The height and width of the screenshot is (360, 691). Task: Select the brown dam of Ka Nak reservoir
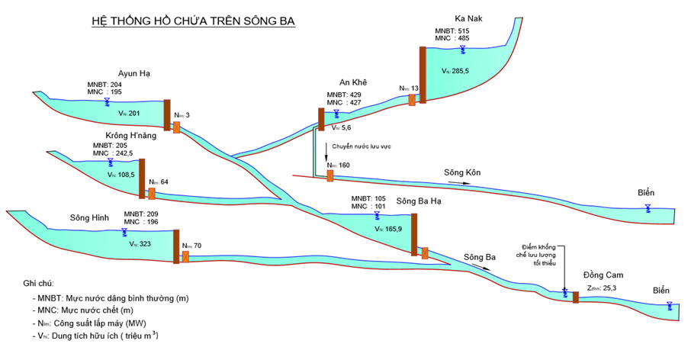pos(423,74)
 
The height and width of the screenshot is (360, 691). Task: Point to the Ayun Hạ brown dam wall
pos(167,114)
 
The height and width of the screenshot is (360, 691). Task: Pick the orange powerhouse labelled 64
pos(151,193)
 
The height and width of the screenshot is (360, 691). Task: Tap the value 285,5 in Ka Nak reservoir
pos(459,69)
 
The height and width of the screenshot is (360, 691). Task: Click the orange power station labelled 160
pos(329,175)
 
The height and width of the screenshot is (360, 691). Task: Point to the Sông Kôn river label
pos(463,173)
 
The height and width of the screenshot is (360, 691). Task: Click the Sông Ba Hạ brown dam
pos(414,234)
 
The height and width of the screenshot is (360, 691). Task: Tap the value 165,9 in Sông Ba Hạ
pos(392,230)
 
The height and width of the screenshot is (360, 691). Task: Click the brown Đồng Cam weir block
pos(575,297)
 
